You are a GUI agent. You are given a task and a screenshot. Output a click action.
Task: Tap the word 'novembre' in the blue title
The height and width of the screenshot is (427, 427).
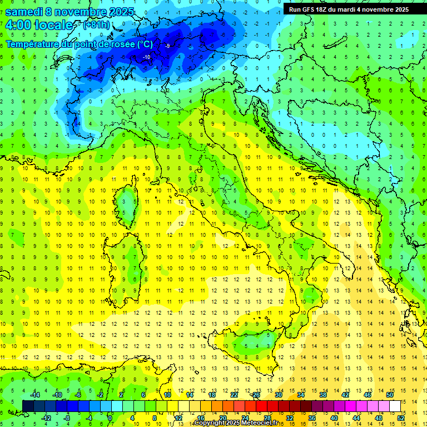click(x=81, y=12)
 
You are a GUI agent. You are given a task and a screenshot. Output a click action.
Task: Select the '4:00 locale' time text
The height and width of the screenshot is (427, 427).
click(x=39, y=25)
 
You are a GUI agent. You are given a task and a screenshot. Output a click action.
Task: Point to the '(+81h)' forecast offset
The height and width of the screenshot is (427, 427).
click(x=96, y=25)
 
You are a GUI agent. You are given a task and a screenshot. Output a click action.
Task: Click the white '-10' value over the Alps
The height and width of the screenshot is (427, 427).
click(x=146, y=57)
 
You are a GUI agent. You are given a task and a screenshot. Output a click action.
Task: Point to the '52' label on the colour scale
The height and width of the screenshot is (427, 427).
click(x=400, y=418)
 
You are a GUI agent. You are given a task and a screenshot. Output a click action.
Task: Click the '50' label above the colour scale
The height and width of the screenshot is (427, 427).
click(x=390, y=395)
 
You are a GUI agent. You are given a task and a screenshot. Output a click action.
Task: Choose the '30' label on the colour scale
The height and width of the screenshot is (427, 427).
click(x=279, y=395)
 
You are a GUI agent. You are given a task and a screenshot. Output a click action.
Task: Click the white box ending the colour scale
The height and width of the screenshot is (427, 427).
click(x=395, y=406)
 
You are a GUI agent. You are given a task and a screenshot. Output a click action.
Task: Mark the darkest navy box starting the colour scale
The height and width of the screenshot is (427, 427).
click(x=28, y=406)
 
